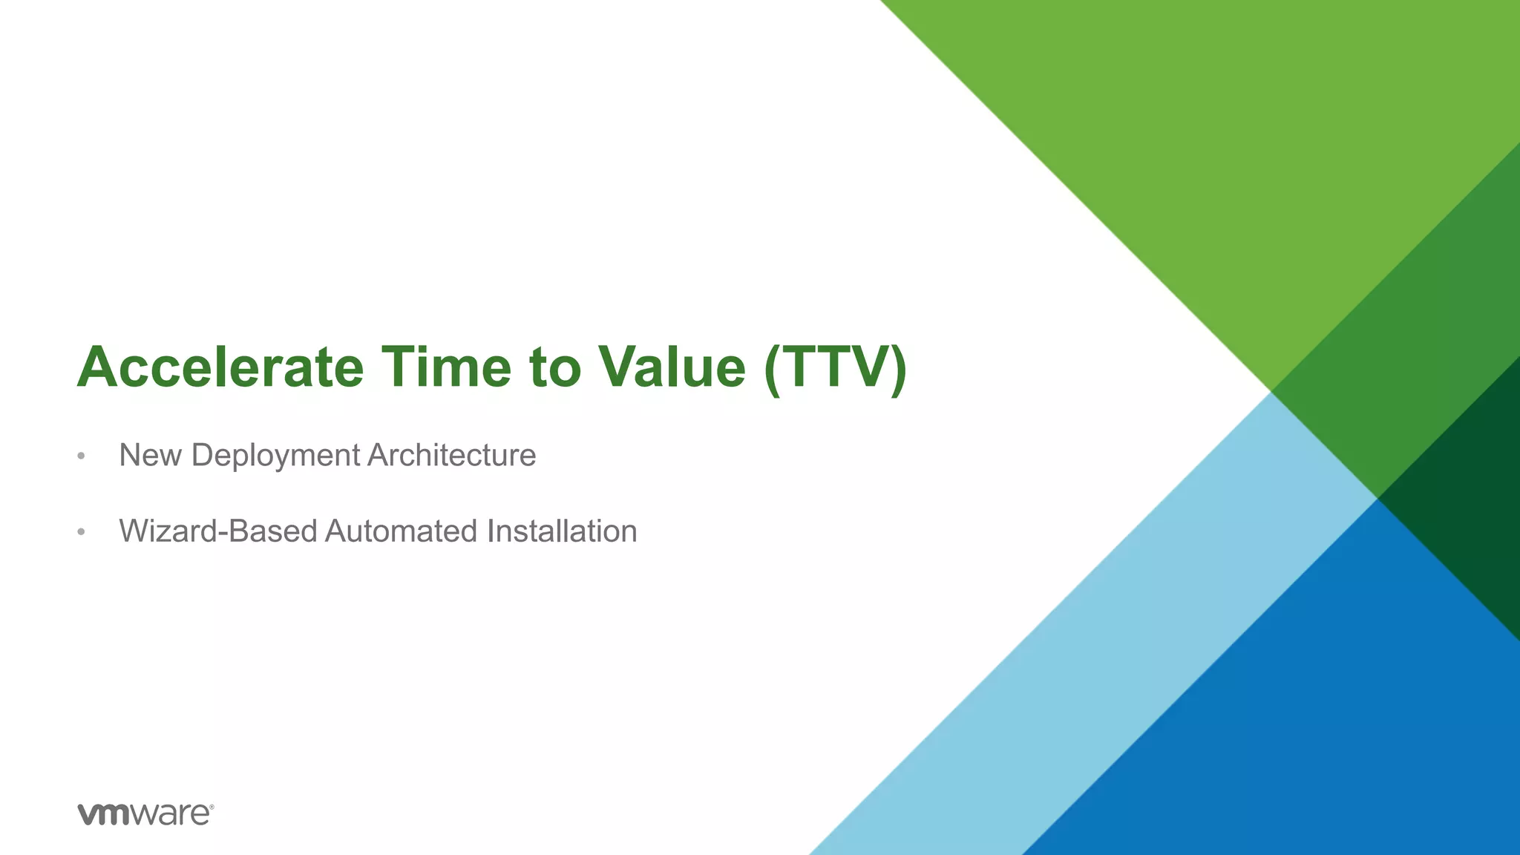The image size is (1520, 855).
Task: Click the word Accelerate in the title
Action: (220, 367)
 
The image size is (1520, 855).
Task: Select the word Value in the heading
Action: (672, 367)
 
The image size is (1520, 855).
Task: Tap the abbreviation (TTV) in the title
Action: (835, 368)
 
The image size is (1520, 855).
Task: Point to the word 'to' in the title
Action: (554, 368)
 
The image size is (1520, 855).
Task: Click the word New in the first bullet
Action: (150, 455)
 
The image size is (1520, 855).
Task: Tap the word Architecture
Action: (451, 455)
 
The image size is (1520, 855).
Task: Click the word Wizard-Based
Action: (218, 531)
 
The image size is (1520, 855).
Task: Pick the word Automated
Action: (401, 531)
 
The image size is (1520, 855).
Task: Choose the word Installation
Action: (562, 531)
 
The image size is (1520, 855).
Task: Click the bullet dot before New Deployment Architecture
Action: (81, 456)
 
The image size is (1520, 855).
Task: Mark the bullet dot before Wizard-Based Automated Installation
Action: (81, 532)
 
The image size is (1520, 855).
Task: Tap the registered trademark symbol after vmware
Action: (212, 807)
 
